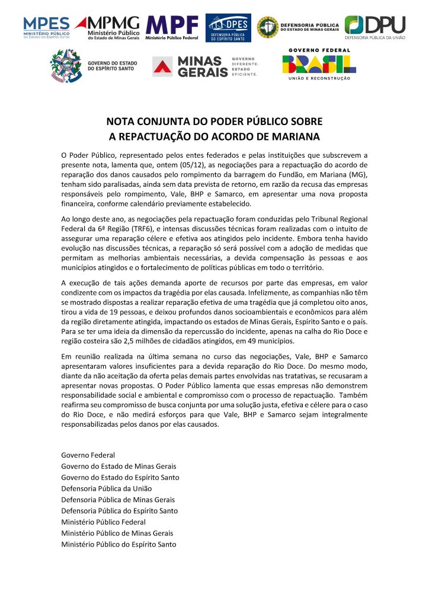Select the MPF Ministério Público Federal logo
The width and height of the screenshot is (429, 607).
coord(172,27)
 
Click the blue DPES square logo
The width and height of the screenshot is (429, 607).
coord(228,28)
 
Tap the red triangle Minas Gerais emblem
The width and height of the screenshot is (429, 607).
coord(164,66)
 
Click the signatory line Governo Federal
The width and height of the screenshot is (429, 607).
coord(88,455)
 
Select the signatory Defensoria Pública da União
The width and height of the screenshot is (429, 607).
coord(107,488)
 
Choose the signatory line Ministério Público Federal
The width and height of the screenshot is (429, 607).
coord(103,522)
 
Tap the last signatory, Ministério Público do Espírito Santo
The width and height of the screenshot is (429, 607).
coord(119,544)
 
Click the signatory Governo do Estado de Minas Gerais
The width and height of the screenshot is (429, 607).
coord(119,466)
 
